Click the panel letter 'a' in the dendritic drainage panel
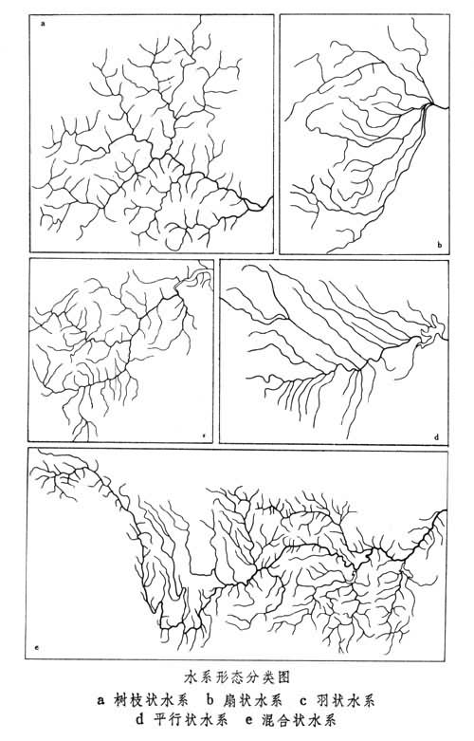tap(44, 22)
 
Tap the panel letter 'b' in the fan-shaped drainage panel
tap(439, 245)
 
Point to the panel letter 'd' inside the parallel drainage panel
tap(436, 437)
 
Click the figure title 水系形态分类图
tap(236, 677)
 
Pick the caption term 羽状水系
tap(346, 700)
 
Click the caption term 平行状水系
tap(191, 720)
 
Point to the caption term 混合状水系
tap(299, 720)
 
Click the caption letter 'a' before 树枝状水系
tap(100, 701)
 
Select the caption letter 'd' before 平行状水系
tap(140, 720)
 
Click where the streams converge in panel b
tap(428, 106)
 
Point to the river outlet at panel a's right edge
tap(271, 198)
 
